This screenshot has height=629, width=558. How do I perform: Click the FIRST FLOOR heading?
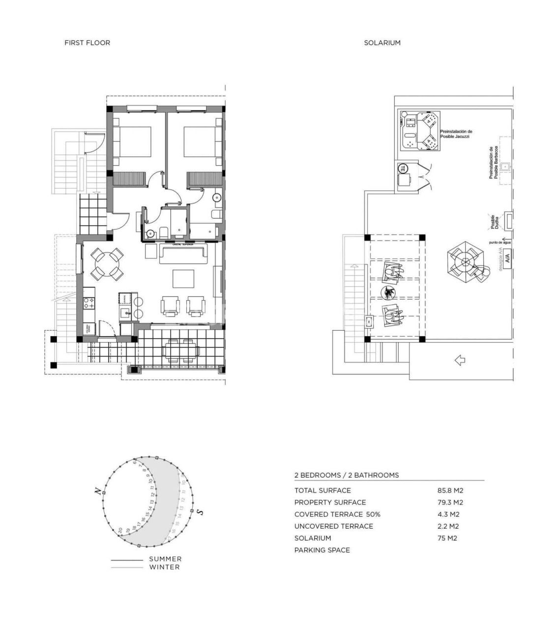pos(87,43)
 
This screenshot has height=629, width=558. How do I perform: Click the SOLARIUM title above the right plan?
pos(382,43)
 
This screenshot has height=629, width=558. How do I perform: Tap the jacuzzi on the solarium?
pos(419,131)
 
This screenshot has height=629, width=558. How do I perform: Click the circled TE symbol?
pos(402,168)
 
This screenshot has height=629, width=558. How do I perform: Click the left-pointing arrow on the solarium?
pos(460,360)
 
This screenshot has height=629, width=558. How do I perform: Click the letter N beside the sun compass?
pos(98,491)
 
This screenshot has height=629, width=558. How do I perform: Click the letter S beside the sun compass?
pos(200,513)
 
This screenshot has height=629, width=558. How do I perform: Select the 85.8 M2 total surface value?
pos(450,490)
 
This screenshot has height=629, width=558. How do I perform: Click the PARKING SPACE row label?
pos(322,550)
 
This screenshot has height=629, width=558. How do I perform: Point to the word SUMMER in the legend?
pos(165,559)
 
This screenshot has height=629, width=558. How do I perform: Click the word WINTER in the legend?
pos(164,567)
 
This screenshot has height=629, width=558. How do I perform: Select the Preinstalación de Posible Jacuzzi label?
pos(456,134)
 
